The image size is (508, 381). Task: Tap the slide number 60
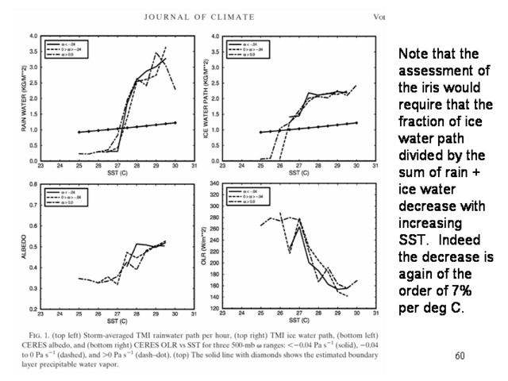coord(460,356)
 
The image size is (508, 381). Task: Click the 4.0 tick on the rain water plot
coord(34,37)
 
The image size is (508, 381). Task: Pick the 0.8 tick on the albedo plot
coord(34,184)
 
